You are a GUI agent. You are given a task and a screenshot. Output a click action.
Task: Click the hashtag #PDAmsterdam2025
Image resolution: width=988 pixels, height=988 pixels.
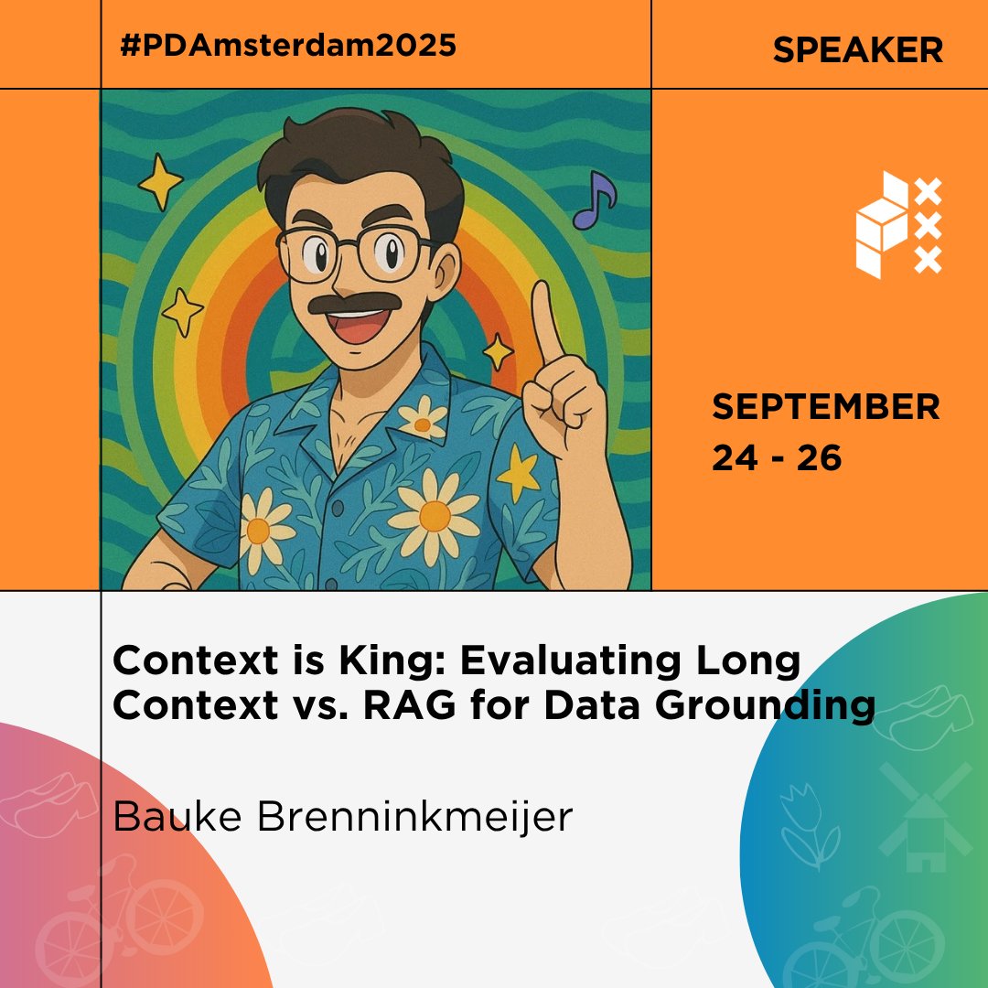pyautogui.click(x=287, y=47)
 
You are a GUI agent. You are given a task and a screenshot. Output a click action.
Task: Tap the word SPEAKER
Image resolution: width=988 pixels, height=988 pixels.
pyautogui.click(x=857, y=50)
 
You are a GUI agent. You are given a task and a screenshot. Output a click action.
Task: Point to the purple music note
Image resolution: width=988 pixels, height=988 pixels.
pyautogui.click(x=596, y=199)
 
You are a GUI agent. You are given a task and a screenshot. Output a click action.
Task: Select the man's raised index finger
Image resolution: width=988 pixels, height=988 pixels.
pyautogui.click(x=546, y=325)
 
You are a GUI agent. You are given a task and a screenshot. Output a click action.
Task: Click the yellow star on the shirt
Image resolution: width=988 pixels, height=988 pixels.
pyautogui.click(x=519, y=470)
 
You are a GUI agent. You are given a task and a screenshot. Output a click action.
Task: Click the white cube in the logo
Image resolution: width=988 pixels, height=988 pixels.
pyautogui.click(x=882, y=224)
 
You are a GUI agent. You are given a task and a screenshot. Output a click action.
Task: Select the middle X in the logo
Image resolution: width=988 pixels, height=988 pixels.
pyautogui.click(x=928, y=226)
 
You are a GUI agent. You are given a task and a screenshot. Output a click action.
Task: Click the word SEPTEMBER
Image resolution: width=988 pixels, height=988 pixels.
pyautogui.click(x=826, y=407)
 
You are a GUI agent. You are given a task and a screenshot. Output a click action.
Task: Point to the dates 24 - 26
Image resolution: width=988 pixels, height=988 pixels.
pyautogui.click(x=777, y=458)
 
